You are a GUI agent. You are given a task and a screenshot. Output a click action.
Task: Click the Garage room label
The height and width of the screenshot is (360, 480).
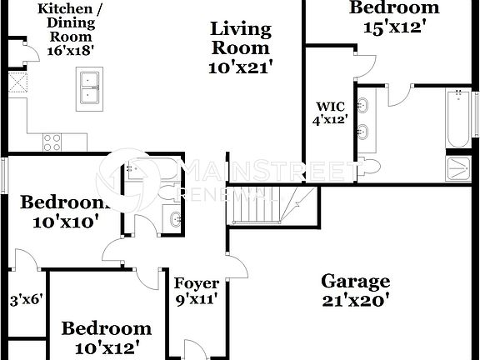[356, 282]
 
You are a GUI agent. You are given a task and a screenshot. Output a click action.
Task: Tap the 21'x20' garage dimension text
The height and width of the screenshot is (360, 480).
[356, 301]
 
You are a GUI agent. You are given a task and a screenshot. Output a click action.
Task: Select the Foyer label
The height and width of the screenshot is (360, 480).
[197, 284]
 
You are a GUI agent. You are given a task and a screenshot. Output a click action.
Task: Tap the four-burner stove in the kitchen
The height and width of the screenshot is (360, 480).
[52, 142]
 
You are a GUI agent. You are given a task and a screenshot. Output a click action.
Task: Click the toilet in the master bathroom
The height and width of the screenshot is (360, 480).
[368, 165]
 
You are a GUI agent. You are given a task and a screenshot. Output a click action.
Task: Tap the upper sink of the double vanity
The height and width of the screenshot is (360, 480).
[363, 106]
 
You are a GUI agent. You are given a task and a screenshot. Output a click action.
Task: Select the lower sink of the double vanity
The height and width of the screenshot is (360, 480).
[363, 131]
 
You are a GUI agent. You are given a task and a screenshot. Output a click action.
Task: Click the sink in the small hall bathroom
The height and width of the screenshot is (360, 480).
[173, 219]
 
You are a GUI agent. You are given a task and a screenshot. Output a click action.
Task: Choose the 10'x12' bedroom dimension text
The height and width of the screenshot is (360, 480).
[107, 346]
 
